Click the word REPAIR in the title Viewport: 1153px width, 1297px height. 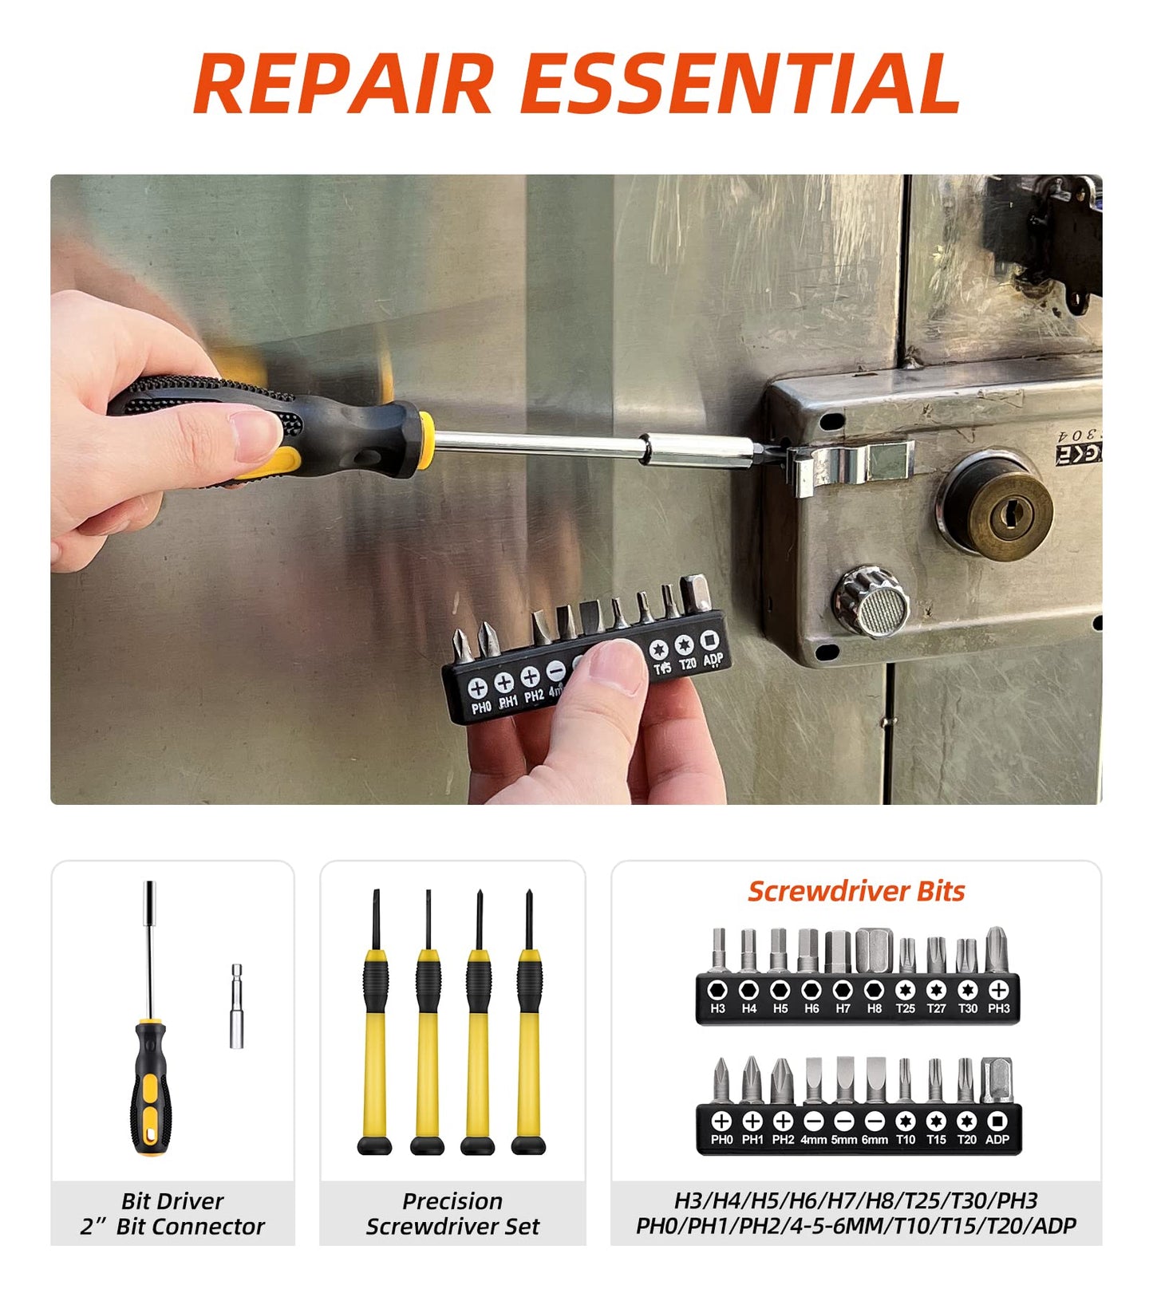point(343,84)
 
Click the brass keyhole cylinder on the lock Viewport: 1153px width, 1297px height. point(1000,511)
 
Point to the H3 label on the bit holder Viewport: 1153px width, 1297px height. point(717,1008)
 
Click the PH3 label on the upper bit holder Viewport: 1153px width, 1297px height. point(998,1008)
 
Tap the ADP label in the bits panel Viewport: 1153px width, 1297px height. point(997,1139)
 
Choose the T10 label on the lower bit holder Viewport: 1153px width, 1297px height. point(905,1139)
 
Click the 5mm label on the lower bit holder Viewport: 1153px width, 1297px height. point(843,1139)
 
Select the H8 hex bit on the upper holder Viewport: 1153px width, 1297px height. point(874,951)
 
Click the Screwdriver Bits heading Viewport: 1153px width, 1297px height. point(856,891)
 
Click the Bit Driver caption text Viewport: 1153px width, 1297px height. point(172,1200)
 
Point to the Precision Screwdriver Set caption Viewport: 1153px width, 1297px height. point(452,1213)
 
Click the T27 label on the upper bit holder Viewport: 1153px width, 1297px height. point(936,1008)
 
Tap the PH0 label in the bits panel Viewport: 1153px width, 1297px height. point(721,1139)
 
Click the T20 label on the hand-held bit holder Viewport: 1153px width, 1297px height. point(687,663)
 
